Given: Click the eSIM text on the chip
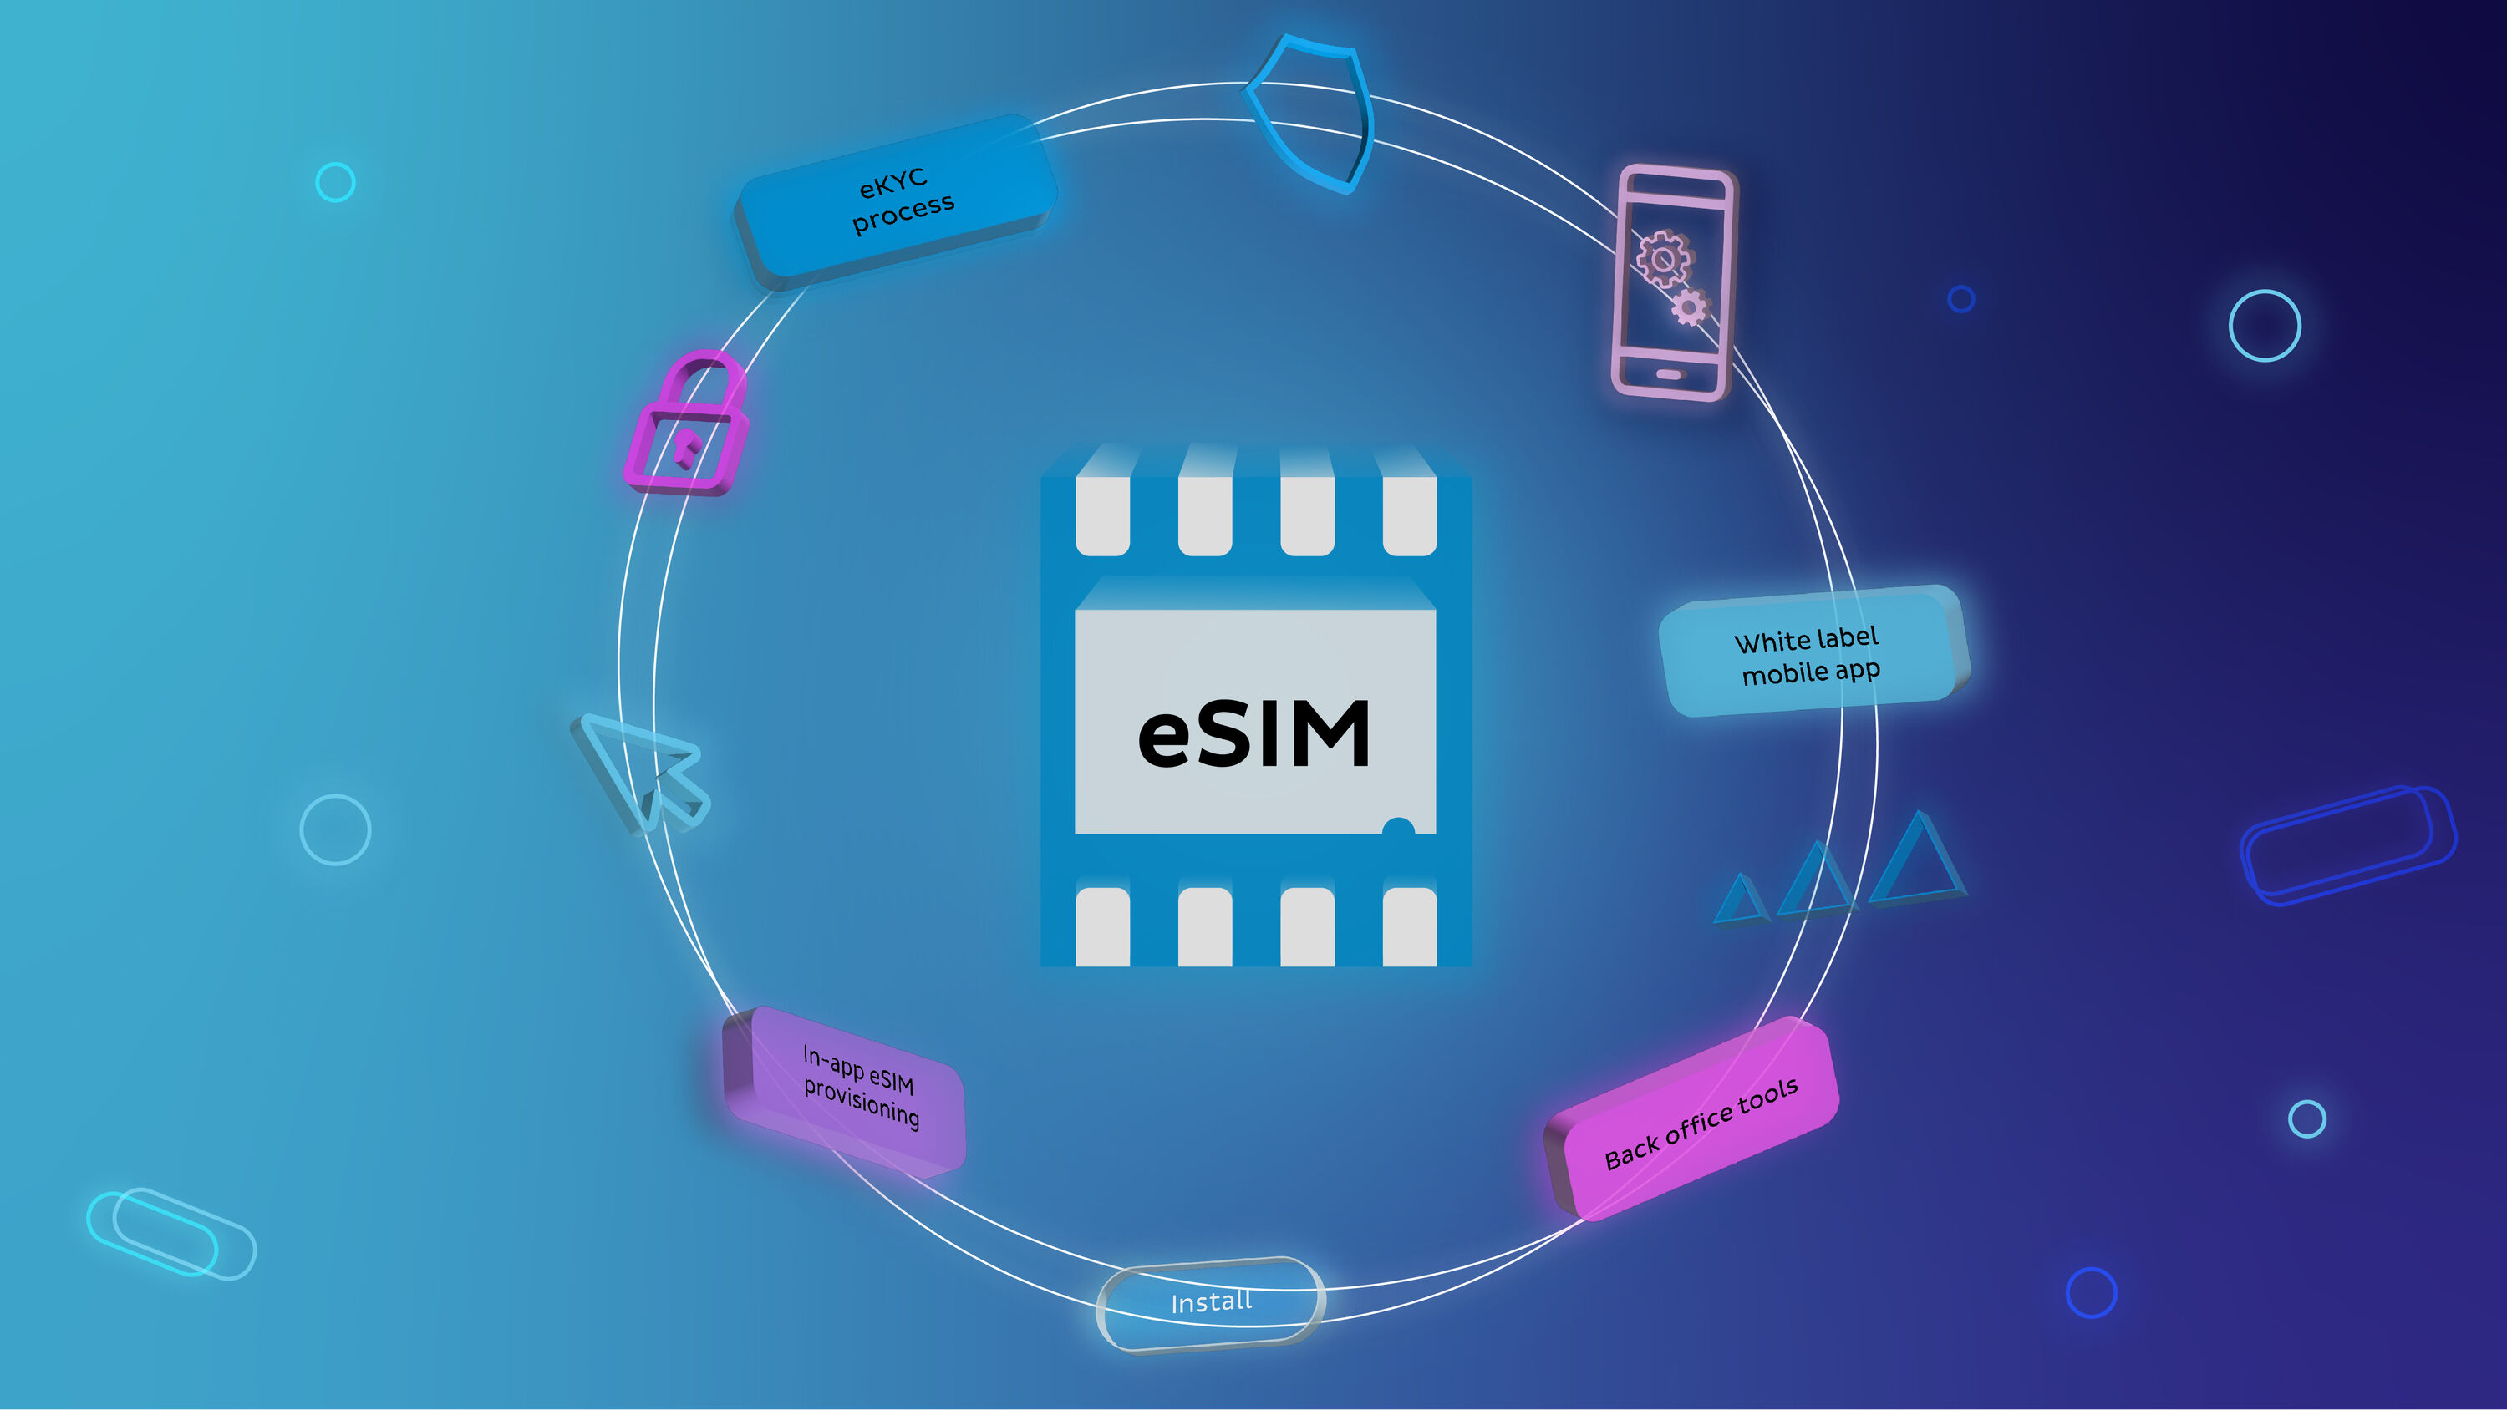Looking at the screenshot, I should (1253, 735).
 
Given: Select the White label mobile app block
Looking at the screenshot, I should (1811, 654).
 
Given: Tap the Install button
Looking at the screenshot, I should (1210, 1302).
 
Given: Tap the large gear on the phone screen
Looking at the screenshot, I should (1662, 258).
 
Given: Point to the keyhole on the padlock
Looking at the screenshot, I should (686, 449).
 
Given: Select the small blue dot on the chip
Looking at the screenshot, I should (1397, 828).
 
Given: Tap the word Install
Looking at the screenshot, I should (1211, 1302).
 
